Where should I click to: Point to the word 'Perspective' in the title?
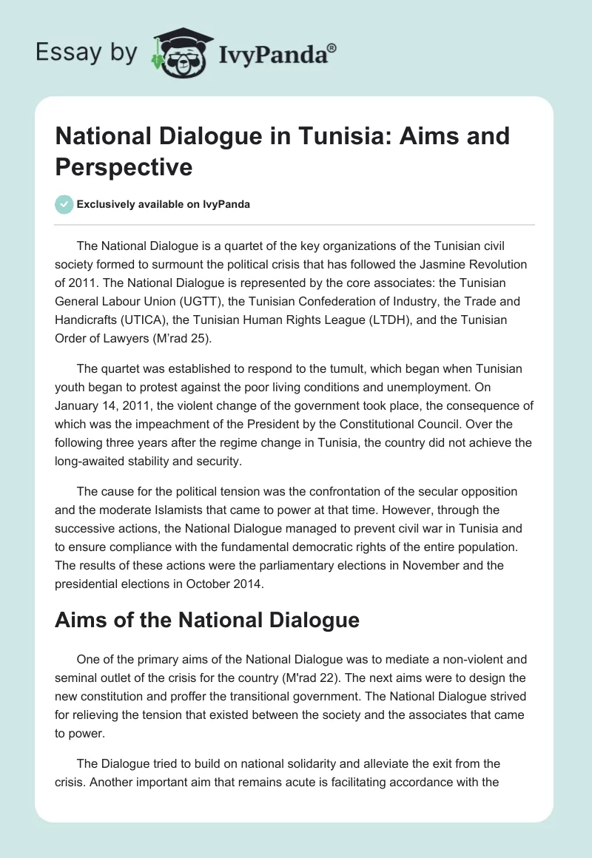124,166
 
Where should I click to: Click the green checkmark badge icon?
64,204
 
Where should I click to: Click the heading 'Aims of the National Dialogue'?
207,620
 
